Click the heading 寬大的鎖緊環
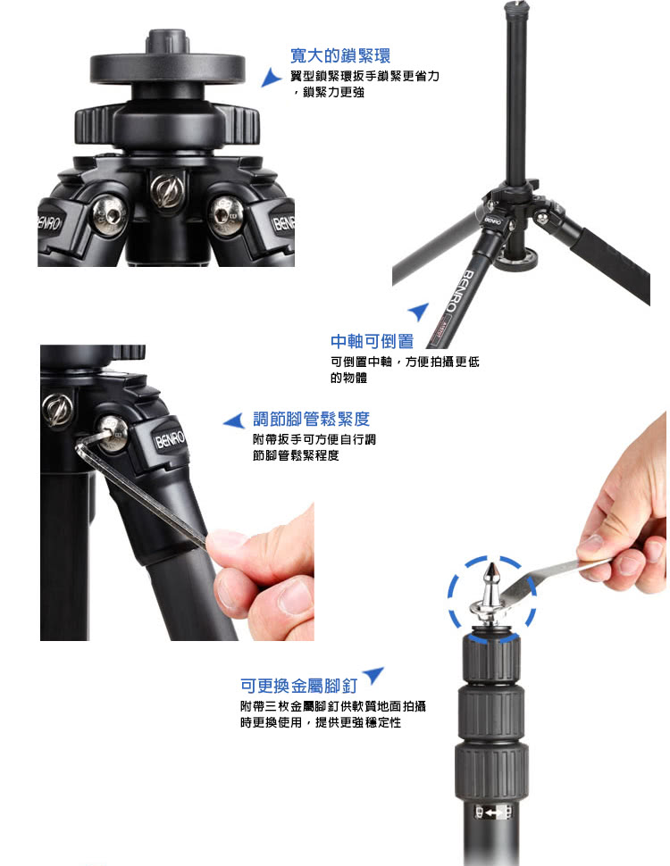click(340, 55)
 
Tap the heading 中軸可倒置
click(372, 341)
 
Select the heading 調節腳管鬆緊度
click(311, 420)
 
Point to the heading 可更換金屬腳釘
click(299, 686)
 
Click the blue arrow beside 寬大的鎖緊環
click(271, 78)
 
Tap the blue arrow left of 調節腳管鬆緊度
click(234, 421)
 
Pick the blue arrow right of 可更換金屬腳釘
click(373, 675)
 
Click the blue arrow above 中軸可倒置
click(419, 311)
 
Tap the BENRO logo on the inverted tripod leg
click(461, 290)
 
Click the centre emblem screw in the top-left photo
click(167, 191)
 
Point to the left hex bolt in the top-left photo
click(110, 214)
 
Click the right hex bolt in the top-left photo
click(227, 214)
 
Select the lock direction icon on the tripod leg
click(494, 812)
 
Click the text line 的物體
click(348, 379)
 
